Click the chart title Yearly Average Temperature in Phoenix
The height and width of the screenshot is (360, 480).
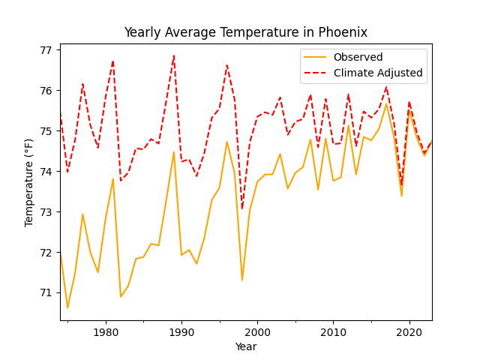245,32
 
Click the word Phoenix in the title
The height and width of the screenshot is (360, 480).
343,32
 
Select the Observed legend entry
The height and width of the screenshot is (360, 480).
358,58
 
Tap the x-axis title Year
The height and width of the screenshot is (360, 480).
245,346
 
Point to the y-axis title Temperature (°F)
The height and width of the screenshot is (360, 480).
29,182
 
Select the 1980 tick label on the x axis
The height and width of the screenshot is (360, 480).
106,331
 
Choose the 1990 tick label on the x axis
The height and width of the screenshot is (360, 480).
181,331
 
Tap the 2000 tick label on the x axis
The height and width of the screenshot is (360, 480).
257,331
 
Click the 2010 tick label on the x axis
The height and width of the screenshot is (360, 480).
333,331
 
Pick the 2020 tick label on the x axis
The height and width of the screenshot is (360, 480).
409,331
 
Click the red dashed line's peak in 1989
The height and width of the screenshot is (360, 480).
174,55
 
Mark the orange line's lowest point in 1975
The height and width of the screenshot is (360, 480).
67,307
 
